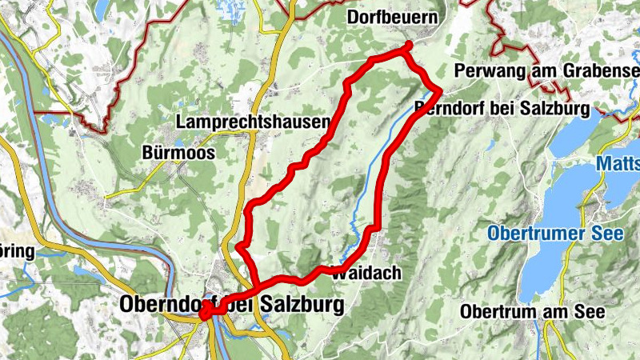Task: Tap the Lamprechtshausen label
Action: [x=253, y=122]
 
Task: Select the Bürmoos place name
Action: [x=178, y=152]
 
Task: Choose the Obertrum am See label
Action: [x=534, y=311]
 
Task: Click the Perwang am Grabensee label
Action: [x=546, y=71]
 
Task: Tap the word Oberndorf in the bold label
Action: [x=160, y=305]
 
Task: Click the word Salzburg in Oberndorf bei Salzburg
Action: [x=302, y=305]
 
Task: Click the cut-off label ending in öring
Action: [x=18, y=251]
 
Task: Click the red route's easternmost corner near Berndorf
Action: [x=440, y=88]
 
